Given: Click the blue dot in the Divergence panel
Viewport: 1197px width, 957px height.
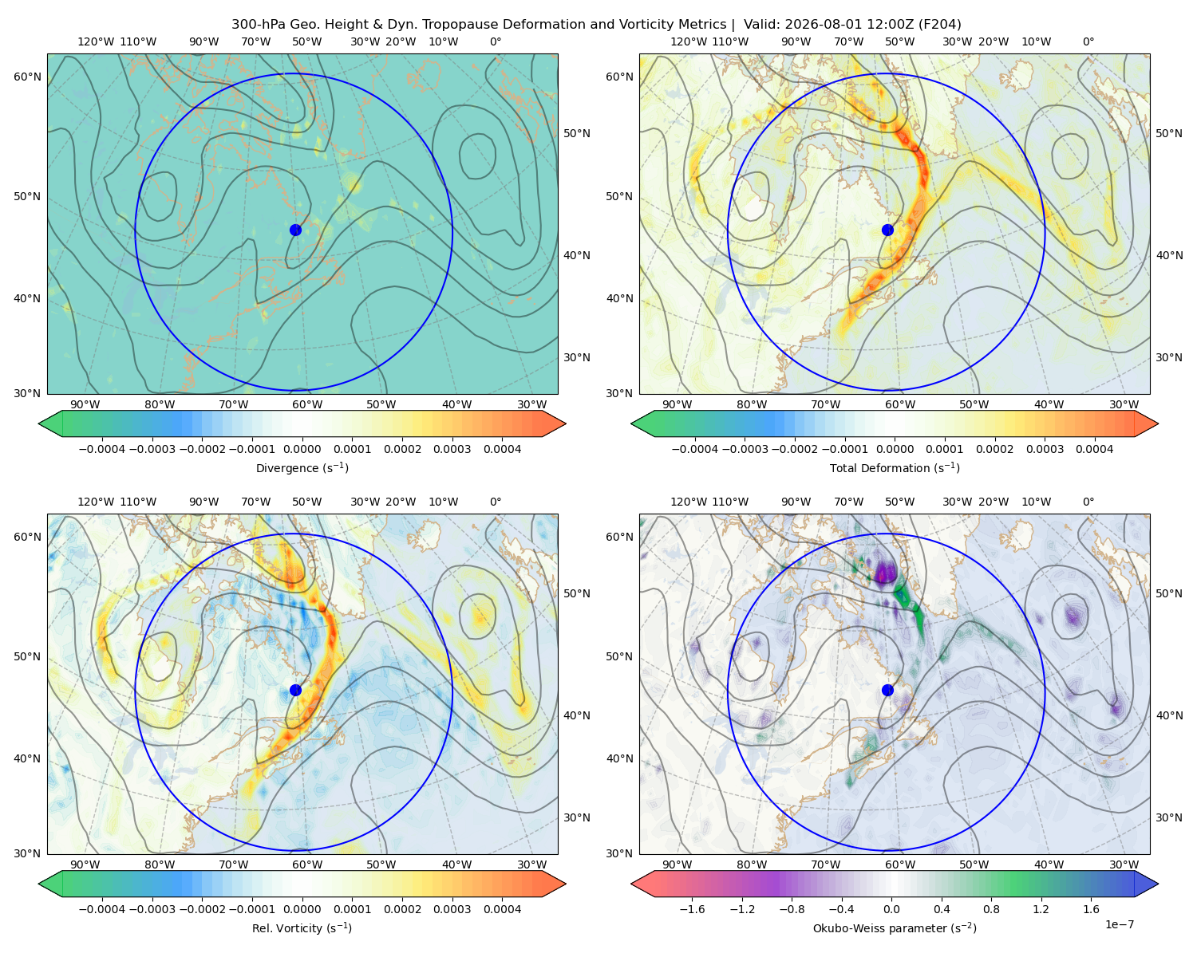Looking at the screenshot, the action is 295,230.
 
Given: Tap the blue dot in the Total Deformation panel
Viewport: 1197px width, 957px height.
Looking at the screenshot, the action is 887,230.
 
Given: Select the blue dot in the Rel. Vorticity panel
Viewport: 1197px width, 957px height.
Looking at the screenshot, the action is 295,690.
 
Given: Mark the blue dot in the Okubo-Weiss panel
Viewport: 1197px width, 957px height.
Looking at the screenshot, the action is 887,690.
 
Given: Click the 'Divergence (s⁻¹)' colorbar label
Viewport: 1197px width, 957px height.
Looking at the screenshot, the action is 302,467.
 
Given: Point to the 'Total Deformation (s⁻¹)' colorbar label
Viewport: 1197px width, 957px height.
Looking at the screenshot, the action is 895,467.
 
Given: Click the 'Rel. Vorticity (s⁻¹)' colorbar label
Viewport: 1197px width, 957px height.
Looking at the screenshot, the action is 302,927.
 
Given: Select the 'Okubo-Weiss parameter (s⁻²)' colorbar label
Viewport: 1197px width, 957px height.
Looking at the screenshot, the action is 895,927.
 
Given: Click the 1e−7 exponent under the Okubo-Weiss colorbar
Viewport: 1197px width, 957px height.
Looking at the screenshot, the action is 1119,924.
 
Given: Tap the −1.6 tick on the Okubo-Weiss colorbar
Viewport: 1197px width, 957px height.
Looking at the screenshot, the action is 692,909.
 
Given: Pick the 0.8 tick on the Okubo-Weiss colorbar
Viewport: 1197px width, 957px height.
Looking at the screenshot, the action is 991,909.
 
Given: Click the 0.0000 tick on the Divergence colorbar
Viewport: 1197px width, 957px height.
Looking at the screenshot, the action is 302,449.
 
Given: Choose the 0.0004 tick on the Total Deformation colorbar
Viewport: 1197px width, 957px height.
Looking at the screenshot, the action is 1094,449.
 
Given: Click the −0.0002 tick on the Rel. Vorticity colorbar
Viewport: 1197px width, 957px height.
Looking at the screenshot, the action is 203,909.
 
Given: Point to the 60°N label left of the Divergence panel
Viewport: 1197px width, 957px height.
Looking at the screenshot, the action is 27,77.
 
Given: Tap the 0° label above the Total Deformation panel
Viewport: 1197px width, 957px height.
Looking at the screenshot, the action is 1088,41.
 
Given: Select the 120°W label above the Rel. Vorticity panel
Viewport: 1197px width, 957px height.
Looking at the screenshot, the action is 96,502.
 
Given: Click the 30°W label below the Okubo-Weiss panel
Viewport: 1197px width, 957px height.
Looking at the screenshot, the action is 1124,864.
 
